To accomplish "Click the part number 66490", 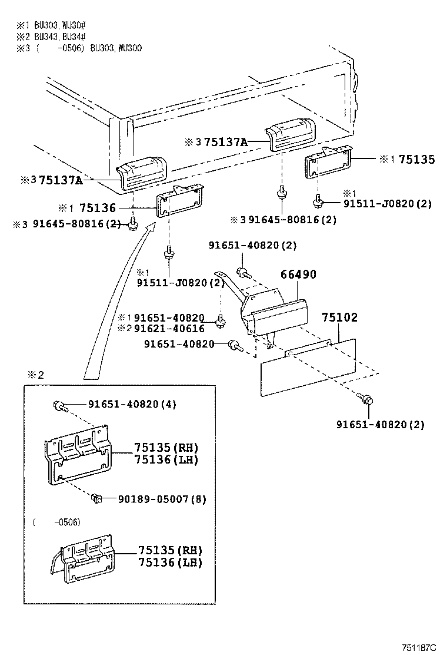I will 298,275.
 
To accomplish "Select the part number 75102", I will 339,317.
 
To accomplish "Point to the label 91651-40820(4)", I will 132,404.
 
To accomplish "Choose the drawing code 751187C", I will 420,647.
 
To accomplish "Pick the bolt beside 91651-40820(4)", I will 59,405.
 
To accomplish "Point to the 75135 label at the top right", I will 416,159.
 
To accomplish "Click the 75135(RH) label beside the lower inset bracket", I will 170,550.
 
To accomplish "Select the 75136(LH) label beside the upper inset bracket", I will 166,459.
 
